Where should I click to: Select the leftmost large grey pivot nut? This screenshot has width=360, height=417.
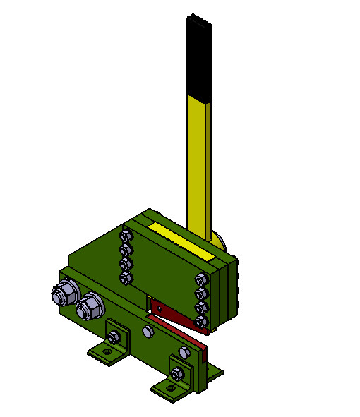click(x=63, y=291)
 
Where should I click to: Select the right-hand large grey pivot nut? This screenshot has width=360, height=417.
click(x=90, y=305)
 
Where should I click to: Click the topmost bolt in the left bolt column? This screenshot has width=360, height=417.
click(x=126, y=236)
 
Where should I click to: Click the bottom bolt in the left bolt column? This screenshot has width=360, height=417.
click(x=127, y=279)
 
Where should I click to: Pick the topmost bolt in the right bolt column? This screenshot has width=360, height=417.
click(x=202, y=279)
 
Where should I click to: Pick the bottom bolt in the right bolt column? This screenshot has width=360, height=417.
click(x=202, y=321)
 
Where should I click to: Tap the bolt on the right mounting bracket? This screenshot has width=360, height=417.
click(x=177, y=373)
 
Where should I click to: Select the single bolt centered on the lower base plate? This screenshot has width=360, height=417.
click(x=148, y=330)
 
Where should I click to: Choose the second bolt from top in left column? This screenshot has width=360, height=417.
click(x=126, y=250)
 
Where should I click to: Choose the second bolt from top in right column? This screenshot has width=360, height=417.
click(x=202, y=293)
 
